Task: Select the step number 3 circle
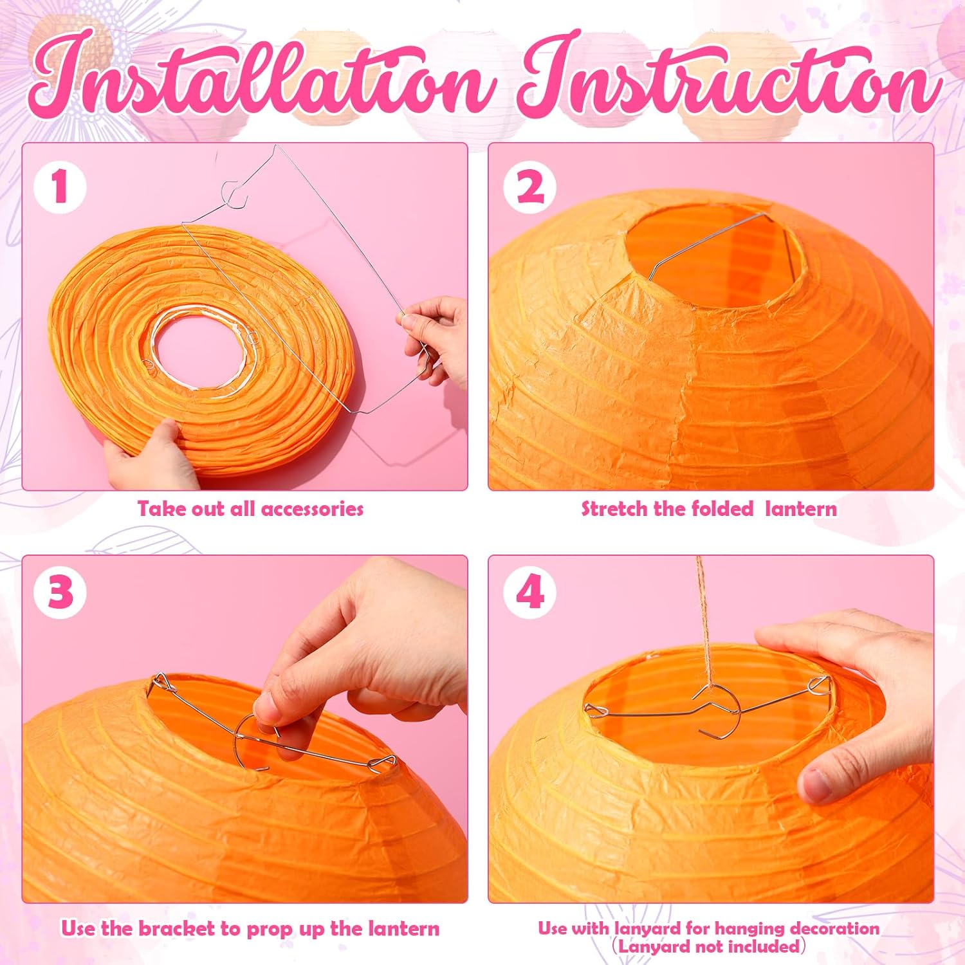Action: (x=60, y=591)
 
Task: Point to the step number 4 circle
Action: (x=529, y=591)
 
